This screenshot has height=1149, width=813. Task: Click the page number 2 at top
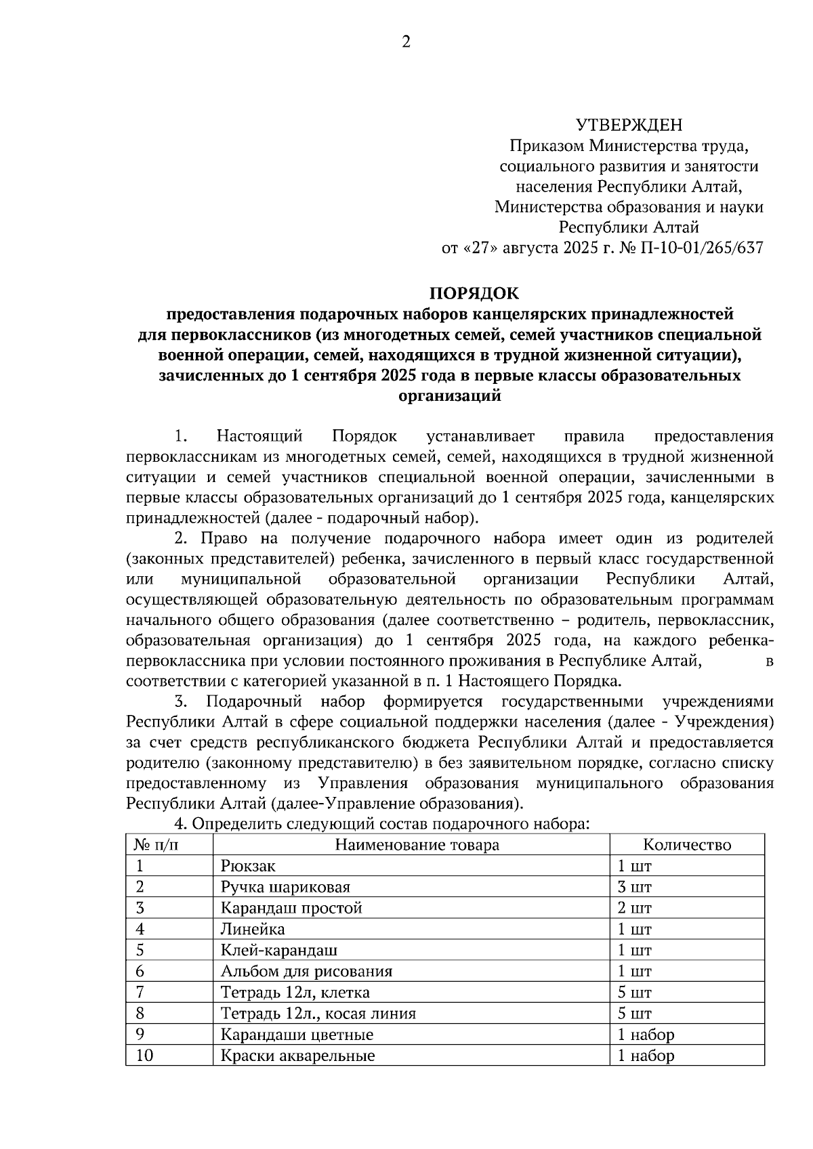coord(406,42)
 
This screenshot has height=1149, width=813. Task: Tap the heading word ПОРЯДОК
coord(474,293)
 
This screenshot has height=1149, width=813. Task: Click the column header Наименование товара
coord(417,844)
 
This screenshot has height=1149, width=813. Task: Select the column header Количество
coord(687,844)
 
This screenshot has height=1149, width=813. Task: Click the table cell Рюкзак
coord(248,866)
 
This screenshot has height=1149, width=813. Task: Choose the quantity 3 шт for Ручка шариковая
coord(634,887)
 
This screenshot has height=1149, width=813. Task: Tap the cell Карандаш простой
coord(291,908)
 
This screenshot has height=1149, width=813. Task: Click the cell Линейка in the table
coord(253,929)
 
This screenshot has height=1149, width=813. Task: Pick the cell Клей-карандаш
coord(279,950)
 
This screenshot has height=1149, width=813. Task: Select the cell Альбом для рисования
coord(306,972)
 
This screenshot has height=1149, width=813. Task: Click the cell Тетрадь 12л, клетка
coord(295,993)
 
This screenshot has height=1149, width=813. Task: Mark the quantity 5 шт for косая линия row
coord(634,1014)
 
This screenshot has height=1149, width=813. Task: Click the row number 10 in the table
coord(144,1056)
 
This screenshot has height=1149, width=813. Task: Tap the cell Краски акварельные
coord(297,1056)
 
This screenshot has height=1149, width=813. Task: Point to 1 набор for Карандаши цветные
coord(646,1035)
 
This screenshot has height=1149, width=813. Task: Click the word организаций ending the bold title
coord(450,396)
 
